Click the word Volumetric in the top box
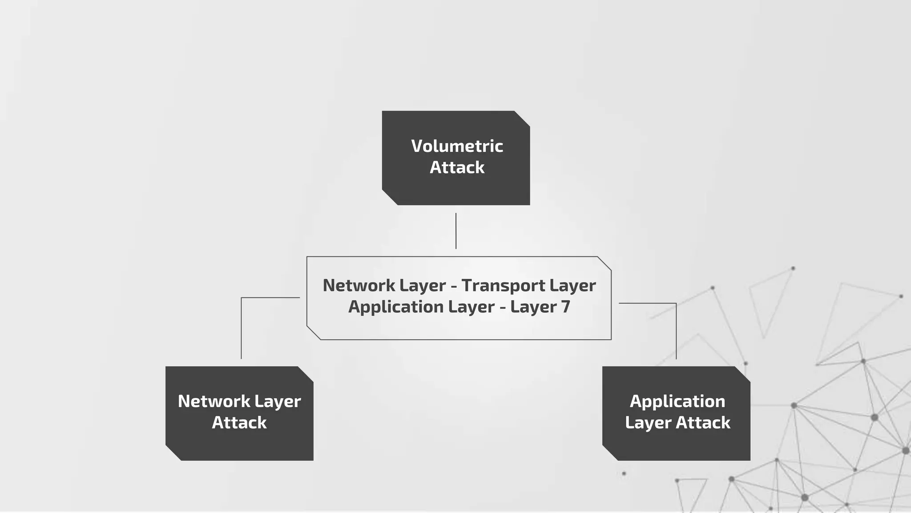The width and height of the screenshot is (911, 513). tap(457, 146)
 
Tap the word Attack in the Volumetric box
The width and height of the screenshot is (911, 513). tap(457, 167)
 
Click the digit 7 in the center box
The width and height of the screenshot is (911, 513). tap(565, 307)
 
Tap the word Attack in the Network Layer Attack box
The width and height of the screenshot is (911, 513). tap(239, 423)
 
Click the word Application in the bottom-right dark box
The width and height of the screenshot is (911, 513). tap(677, 401)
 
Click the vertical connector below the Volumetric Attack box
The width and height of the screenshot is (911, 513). tap(456, 231)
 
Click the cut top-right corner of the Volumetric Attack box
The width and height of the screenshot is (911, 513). tap(522, 118)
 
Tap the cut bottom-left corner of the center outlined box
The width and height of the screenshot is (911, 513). tap(314, 333)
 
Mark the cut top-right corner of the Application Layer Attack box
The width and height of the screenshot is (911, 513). tap(742, 374)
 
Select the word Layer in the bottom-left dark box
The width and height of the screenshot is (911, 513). tap(278, 401)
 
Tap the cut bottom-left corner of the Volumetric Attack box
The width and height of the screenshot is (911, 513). tap(390, 197)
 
